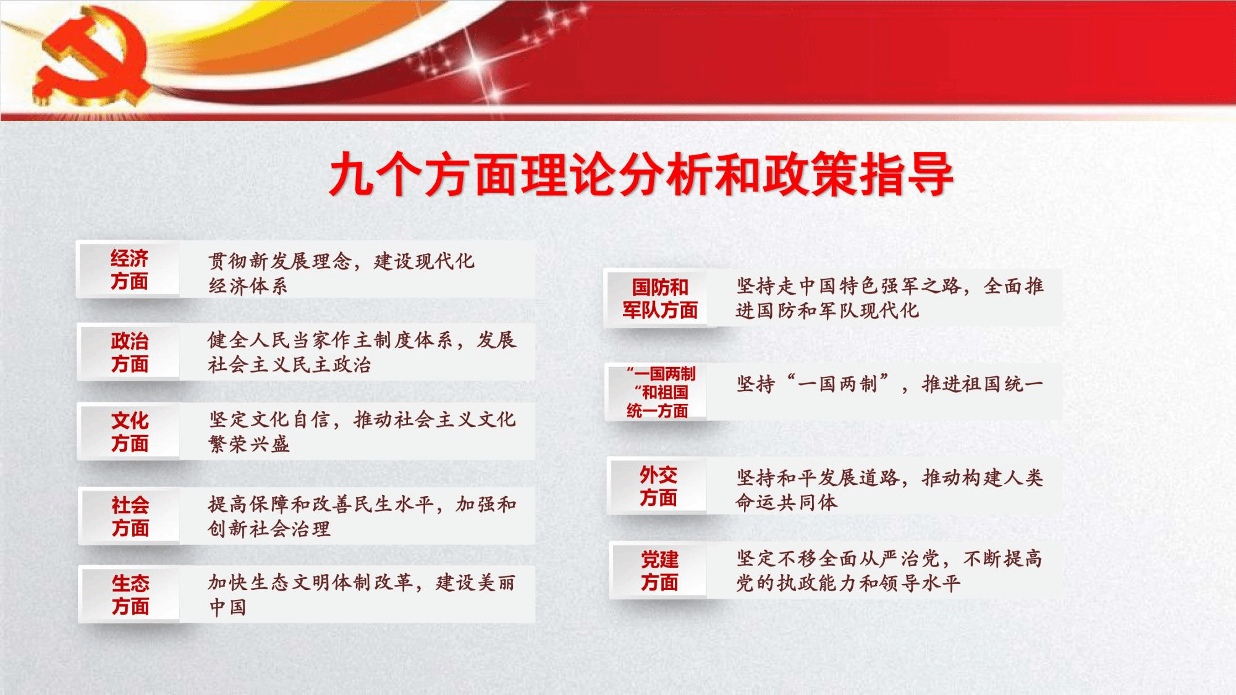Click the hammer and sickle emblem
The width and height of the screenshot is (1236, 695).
[93, 59]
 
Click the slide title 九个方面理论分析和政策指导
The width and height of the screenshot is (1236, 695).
[641, 175]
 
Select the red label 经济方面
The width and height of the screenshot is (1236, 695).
[129, 270]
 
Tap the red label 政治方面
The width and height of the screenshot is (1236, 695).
[129, 352]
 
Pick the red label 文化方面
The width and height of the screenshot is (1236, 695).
[130, 432]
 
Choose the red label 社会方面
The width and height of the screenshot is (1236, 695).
[130, 516]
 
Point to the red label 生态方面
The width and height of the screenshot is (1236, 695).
[130, 594]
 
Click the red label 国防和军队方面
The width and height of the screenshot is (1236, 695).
[660, 298]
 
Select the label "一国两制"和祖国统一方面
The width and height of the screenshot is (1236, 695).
[660, 392]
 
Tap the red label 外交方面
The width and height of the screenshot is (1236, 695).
[658, 486]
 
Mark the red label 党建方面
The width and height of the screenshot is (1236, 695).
[659, 571]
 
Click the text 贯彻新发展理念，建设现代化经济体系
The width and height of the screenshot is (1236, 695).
[341, 273]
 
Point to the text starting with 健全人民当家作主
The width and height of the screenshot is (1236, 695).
[362, 352]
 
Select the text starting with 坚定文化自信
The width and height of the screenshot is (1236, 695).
[362, 432]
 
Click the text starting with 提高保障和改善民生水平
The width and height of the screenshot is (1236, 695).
[362, 516]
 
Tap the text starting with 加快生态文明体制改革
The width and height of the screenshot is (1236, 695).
[362, 594]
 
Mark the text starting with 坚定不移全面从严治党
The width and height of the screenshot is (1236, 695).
[889, 571]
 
